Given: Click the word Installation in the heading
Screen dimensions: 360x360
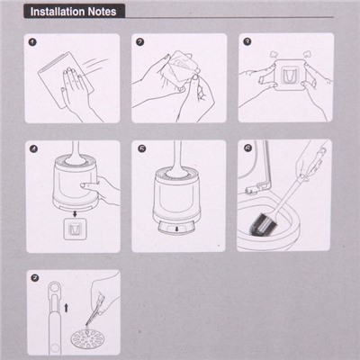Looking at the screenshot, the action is coord(58,12).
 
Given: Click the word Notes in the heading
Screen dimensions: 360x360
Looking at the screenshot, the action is coord(102,12).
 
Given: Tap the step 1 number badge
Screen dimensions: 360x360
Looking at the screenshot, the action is coord(32,42).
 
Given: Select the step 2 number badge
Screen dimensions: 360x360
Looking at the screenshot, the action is coord(139,42).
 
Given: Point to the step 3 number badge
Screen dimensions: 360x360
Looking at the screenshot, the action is coord(247,41).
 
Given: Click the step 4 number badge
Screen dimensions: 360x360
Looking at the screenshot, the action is coord(33,148).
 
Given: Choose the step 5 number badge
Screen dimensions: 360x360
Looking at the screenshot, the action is coord(141,148).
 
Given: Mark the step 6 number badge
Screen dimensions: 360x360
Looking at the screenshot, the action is coord(247,148).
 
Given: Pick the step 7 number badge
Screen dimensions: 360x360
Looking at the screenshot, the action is coord(35,278).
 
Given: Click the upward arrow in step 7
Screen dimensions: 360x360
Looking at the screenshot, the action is coord(67,308).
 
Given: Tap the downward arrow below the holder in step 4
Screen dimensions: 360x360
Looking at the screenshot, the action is coord(75,213).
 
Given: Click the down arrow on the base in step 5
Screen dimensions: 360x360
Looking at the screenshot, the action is coord(176,229).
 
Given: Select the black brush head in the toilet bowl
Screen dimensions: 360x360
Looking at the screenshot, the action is coord(262,222).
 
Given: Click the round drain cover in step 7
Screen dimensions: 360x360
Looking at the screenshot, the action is coord(85,338).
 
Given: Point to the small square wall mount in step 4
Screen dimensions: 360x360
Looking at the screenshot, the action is coord(75,229).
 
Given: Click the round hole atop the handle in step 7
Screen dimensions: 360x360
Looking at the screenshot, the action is coord(55,287).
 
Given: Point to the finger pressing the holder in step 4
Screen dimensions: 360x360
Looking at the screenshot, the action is coord(89,186).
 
